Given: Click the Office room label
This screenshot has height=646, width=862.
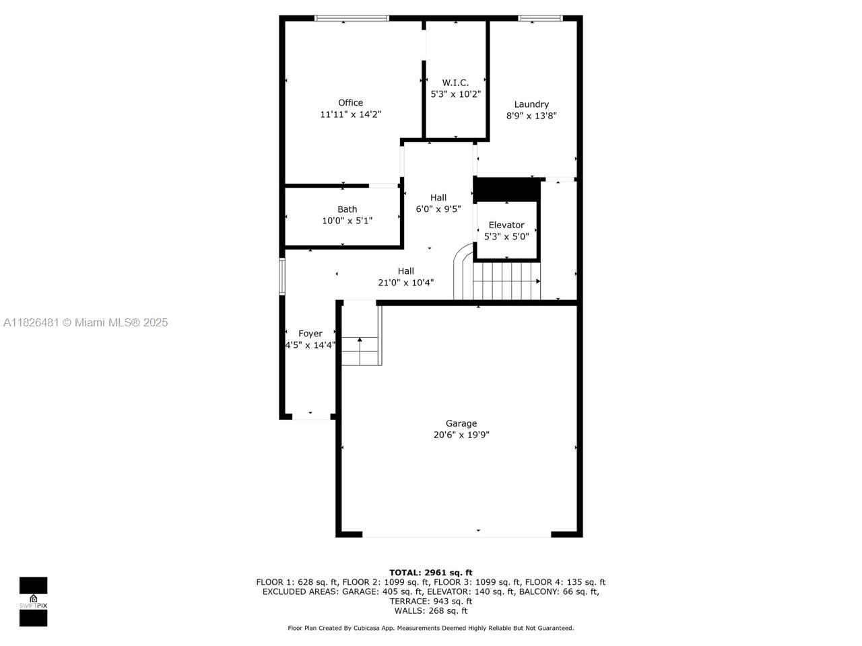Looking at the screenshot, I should point(350,103).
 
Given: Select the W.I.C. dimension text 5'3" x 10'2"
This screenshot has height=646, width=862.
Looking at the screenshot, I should point(455,94).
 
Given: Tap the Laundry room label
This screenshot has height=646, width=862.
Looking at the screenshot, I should point(531,104).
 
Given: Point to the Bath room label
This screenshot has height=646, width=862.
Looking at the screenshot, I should point(347,209).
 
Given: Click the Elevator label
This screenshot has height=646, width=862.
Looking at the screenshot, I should point(506,225).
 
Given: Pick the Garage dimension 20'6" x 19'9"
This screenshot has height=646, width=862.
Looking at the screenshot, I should point(461,435).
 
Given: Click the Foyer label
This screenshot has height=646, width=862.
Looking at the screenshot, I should point(310,333).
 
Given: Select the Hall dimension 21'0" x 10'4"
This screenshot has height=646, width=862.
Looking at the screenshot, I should point(405,283).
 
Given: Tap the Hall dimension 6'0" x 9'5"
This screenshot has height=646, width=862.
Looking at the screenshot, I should point(438,209).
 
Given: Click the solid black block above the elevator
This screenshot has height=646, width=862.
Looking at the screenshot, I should point(507,188).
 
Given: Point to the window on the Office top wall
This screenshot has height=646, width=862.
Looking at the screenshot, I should point(352,18).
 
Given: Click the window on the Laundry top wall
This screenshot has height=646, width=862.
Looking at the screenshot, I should point(540,18).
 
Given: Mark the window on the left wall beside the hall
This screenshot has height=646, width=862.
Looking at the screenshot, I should point(283,276).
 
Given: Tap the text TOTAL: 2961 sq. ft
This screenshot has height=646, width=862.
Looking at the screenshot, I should point(431,573).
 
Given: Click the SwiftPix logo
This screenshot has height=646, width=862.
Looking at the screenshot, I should point(33,601).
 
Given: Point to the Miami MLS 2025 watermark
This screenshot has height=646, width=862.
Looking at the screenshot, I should point(86,323).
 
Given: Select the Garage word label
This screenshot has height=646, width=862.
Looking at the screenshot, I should point(461,423).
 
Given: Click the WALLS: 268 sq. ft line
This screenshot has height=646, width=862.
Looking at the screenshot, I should point(431,610).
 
